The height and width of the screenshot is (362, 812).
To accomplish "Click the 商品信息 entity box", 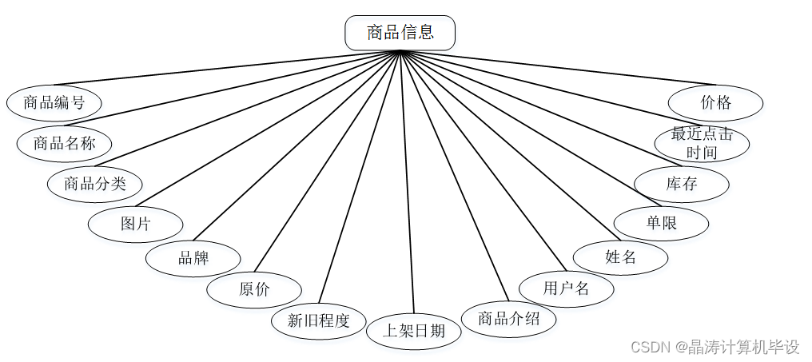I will [400, 33].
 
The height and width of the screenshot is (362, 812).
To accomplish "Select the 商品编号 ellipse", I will [54, 102].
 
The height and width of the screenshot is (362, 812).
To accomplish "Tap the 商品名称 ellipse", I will [65, 144].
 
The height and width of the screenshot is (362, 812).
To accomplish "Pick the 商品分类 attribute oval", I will [95, 184].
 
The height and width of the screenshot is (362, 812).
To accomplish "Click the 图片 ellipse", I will [135, 224].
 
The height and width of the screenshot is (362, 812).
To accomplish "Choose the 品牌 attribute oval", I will [193, 258].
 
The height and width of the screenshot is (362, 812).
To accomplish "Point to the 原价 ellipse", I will [254, 289].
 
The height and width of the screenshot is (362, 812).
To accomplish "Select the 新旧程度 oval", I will [318, 321].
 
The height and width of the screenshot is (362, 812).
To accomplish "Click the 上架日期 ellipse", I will [413, 331].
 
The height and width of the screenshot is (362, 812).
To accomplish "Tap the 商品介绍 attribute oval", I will [509, 319].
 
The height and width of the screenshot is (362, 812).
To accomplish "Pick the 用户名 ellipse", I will [566, 288].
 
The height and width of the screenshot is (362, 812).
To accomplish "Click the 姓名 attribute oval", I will [620, 257].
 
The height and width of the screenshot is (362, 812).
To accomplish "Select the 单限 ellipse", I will [661, 223].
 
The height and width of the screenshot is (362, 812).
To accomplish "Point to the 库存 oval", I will [682, 184].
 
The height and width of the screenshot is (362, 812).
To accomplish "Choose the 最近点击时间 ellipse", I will [702, 143].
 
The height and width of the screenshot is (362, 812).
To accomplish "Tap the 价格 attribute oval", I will [715, 102].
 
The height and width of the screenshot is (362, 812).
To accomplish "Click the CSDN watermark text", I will [714, 347].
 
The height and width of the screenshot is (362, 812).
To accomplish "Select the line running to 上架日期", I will [406, 184].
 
